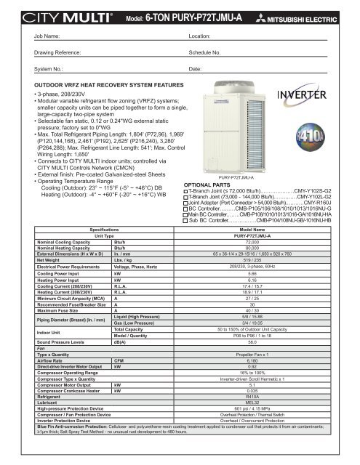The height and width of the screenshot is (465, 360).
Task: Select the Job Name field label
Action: (28, 35)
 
